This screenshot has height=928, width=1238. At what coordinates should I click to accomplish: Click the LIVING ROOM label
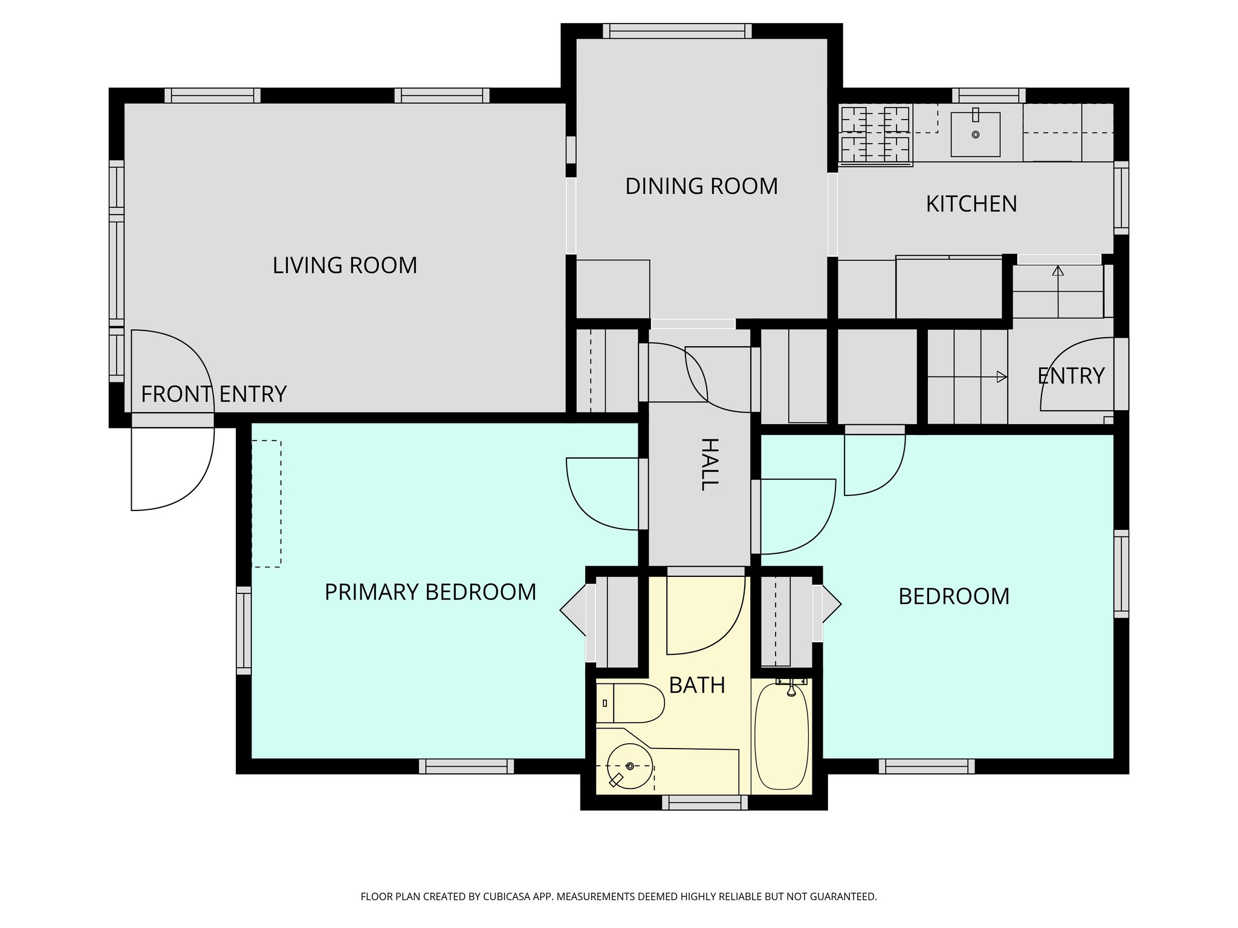345,266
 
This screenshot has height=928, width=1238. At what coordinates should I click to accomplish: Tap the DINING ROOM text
701,186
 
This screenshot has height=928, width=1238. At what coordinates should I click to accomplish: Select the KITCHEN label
971,204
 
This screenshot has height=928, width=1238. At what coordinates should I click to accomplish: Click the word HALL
710,465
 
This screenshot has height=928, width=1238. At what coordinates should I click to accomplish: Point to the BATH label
697,685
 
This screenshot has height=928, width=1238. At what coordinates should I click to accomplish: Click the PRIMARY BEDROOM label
430,592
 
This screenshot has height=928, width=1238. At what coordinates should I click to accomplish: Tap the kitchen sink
975,134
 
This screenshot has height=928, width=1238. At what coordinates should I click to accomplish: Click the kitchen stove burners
875,134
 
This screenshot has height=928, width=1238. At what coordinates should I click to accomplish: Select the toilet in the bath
632,703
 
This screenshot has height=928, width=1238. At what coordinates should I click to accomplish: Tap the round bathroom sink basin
629,767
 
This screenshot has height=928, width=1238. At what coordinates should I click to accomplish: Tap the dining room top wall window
677,31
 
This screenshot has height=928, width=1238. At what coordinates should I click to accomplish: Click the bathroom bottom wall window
705,802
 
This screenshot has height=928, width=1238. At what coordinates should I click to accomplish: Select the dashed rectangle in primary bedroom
267,504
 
